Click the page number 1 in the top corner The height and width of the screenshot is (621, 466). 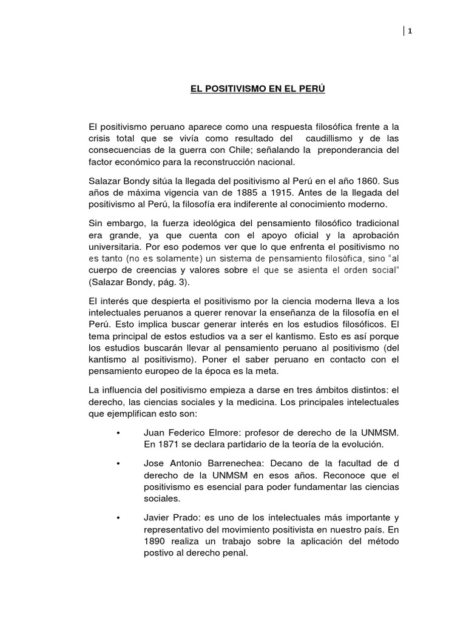[410, 32]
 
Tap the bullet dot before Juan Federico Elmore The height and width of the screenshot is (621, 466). [117, 433]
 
